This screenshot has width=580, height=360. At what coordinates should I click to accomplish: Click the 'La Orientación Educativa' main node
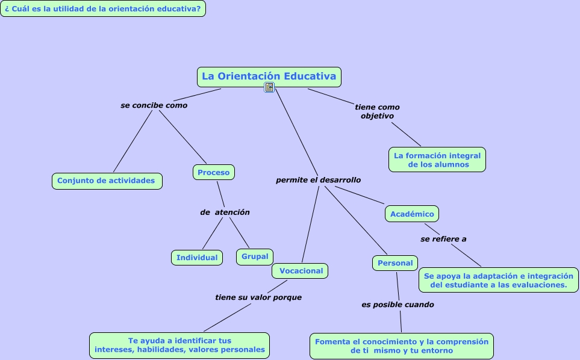269,76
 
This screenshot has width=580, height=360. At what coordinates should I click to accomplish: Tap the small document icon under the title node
269,88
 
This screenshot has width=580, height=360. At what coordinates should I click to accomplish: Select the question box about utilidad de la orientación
103,8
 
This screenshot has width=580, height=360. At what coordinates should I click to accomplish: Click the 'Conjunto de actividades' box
107,181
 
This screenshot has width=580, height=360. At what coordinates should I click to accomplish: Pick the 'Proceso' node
214,172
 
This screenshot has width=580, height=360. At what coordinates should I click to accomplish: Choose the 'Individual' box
197,258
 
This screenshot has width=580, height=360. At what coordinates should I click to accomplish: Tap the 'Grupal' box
255,256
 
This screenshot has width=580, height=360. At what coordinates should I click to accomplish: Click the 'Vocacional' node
301,271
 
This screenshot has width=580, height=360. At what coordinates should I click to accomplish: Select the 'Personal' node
395,263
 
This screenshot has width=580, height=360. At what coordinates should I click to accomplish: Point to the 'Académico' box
412,214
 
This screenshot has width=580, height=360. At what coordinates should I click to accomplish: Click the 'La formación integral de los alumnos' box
437,160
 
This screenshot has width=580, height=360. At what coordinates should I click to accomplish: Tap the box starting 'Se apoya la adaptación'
499,281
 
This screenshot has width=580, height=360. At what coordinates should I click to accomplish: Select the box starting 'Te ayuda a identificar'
179,345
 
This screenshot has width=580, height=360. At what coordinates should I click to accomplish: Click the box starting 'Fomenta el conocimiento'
402,346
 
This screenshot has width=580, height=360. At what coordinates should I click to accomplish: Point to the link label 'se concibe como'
154,105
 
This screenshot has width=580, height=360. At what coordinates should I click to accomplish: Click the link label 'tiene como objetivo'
377,111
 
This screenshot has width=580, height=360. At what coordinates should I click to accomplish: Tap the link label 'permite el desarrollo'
319,180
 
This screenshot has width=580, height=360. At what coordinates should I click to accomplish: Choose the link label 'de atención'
225,213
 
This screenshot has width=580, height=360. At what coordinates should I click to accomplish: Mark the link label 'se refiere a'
443,239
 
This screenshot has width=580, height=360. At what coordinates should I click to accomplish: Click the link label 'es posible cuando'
398,305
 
